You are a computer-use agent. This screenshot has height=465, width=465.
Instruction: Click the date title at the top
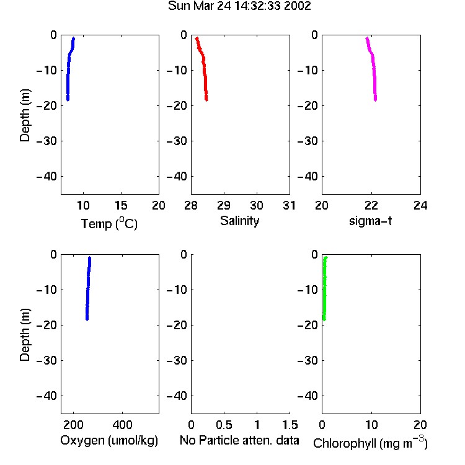(x=239, y=6)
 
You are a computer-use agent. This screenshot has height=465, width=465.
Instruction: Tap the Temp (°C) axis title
(x=109, y=223)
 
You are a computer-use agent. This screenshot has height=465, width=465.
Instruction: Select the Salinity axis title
(x=239, y=221)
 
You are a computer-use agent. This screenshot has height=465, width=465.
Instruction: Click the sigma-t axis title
(x=370, y=221)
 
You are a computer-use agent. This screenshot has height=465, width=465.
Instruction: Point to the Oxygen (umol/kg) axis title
(x=109, y=440)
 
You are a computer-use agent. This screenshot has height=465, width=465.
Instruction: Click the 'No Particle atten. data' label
(x=239, y=440)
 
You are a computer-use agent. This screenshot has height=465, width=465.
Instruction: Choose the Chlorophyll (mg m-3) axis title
(x=370, y=443)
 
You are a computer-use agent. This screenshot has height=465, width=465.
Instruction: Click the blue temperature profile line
(x=68, y=69)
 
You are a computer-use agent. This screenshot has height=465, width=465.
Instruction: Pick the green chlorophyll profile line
(x=324, y=288)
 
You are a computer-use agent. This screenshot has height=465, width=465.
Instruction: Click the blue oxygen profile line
(x=88, y=288)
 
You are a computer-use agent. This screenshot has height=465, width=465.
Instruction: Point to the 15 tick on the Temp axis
(x=121, y=205)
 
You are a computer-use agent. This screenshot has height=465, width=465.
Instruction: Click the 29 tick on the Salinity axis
(x=224, y=205)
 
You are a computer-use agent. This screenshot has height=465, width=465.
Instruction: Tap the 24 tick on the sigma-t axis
(x=420, y=205)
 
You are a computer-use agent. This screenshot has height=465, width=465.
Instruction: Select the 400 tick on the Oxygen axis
(x=123, y=425)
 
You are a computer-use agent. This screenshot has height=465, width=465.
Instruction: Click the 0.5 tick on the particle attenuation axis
(x=224, y=425)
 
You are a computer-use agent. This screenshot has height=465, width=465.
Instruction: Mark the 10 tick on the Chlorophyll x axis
(x=371, y=425)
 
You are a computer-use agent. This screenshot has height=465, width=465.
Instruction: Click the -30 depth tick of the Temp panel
(x=46, y=141)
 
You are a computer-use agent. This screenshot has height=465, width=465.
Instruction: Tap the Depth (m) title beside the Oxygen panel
(x=25, y=335)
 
